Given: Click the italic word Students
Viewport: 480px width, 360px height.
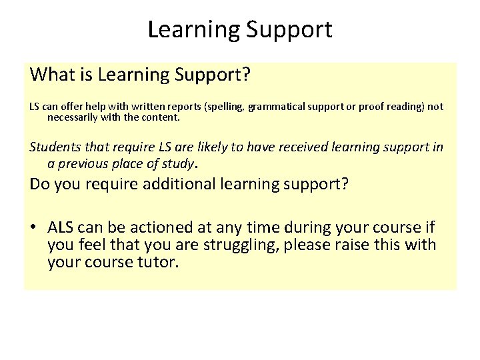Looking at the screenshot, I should pyautogui.click(x=54, y=147).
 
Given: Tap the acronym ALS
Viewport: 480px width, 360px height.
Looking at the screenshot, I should pyautogui.click(x=62, y=227).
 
